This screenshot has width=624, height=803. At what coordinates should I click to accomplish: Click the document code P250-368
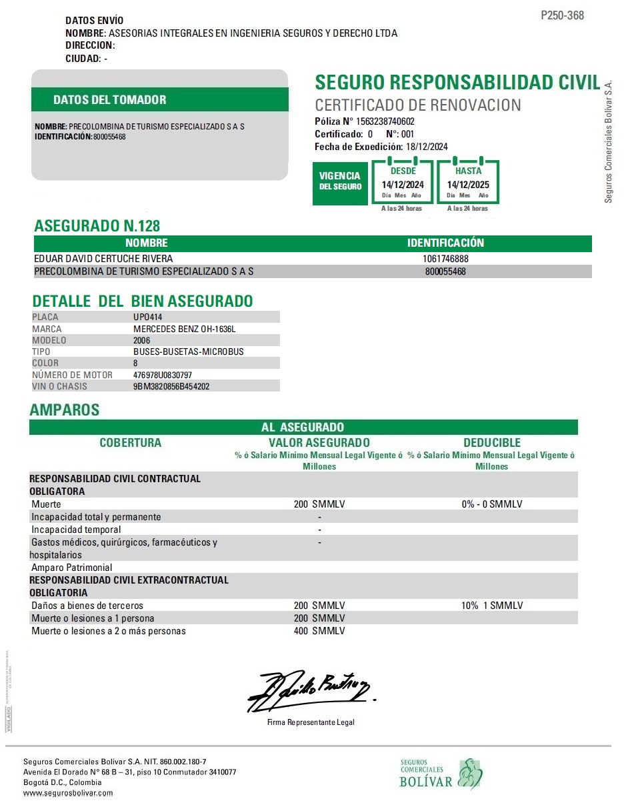tap(562, 15)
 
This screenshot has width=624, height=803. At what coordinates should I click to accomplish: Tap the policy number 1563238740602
tap(385, 121)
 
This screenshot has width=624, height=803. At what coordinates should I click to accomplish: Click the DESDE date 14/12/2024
tap(403, 185)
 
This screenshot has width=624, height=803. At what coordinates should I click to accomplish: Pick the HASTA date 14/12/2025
tap(468, 185)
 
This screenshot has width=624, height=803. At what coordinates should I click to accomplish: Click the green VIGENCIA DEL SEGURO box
tap(340, 181)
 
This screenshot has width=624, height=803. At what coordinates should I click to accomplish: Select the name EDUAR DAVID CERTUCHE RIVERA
tap(103, 259)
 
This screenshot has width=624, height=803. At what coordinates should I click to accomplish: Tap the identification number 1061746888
tap(445, 259)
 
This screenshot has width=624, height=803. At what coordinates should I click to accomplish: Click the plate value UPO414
tap(147, 317)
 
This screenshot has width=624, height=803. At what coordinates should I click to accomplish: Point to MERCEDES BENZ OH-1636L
tap(185, 329)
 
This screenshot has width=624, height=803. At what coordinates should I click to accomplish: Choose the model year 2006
tap(142, 340)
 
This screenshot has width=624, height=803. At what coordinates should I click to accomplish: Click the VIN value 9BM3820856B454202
tap(172, 386)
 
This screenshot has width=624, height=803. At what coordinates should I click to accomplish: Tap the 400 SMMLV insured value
tap(319, 631)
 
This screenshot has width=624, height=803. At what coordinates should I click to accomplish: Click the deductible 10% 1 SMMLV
tap(492, 606)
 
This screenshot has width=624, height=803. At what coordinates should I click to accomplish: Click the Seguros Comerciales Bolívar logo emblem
tap(470, 773)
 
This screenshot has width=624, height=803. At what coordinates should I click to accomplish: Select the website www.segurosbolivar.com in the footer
tap(68, 793)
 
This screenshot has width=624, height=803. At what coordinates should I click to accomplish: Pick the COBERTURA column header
tap(130, 443)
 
